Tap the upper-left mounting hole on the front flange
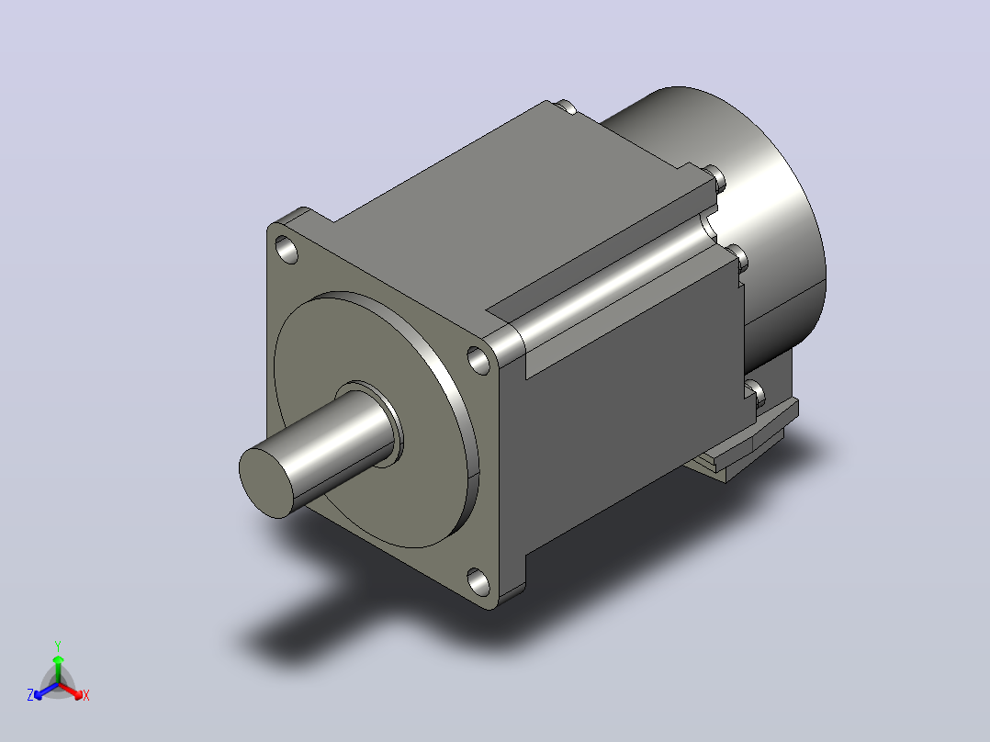click(x=287, y=250)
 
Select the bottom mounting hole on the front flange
click(x=478, y=582)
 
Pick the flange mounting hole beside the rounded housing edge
click(x=478, y=360)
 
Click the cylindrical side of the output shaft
click(x=341, y=448)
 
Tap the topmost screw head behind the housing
click(x=566, y=107)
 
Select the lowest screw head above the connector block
click(x=756, y=393)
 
